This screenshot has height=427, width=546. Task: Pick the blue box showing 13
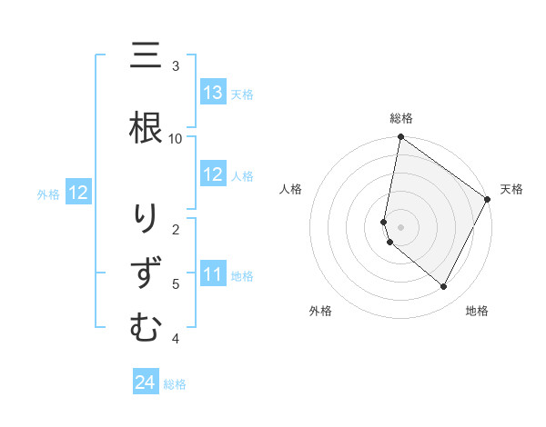point(213,93)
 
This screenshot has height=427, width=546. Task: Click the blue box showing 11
point(213,274)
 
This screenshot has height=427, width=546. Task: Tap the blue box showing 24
point(146,382)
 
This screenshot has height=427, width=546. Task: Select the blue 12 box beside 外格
point(78,193)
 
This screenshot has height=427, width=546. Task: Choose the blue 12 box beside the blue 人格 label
point(213,174)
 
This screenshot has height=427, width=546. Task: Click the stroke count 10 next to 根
point(176,138)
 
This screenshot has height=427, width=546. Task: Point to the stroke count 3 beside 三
point(176,66)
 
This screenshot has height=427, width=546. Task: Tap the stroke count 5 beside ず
point(176,283)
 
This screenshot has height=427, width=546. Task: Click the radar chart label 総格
point(400,118)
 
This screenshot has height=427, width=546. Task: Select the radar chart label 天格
point(511,189)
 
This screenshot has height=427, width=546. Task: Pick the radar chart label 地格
point(477,311)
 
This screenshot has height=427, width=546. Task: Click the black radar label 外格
point(320,311)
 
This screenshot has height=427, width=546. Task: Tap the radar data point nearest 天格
point(488,200)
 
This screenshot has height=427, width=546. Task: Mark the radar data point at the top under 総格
point(400,138)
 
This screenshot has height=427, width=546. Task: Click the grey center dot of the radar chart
point(400,227)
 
